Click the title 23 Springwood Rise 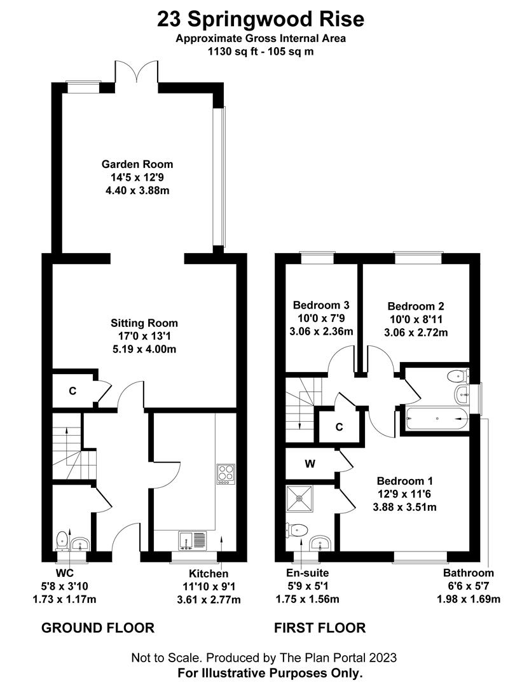(261, 19)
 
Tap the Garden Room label (137, 164)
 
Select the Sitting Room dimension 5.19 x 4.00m (144, 349)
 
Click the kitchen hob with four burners (226, 474)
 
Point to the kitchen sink (192, 540)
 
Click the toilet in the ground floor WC (62, 540)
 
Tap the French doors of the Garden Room (136, 72)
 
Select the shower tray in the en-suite (300, 498)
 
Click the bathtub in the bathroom (436, 419)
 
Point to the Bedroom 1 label (404, 481)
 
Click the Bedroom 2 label (416, 306)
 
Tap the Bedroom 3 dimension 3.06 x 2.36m (321, 331)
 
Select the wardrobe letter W (310, 464)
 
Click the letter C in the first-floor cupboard (339, 427)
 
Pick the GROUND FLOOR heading (98, 628)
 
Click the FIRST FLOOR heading (320, 628)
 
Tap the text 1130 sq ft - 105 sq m (261, 52)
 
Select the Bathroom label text (468, 572)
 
